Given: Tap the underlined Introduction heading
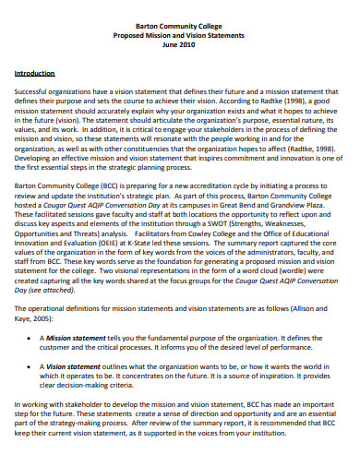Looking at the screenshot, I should [x=34, y=72].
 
